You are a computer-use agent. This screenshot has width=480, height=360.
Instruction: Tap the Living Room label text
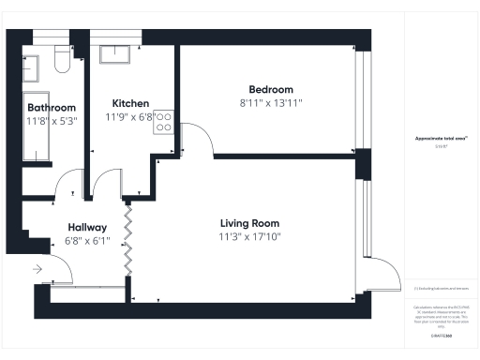[x=250, y=223]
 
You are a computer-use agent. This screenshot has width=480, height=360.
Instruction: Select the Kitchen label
[x=130, y=103]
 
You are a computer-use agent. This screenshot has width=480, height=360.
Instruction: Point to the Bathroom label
[x=51, y=108]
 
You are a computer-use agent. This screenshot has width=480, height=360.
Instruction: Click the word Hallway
[x=87, y=227]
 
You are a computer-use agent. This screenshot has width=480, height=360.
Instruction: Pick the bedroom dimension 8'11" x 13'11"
[x=272, y=102]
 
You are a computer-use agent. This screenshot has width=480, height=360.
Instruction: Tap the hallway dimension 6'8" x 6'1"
[x=87, y=240]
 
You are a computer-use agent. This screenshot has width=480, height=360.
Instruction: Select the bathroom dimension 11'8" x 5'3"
[x=51, y=120]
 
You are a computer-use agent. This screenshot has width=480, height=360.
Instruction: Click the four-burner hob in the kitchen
[x=163, y=121]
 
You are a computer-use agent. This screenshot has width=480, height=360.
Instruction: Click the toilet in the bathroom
[x=62, y=61]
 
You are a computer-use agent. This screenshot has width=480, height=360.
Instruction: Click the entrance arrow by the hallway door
[x=37, y=269]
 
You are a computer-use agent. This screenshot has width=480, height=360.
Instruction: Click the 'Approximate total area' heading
[x=442, y=139]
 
